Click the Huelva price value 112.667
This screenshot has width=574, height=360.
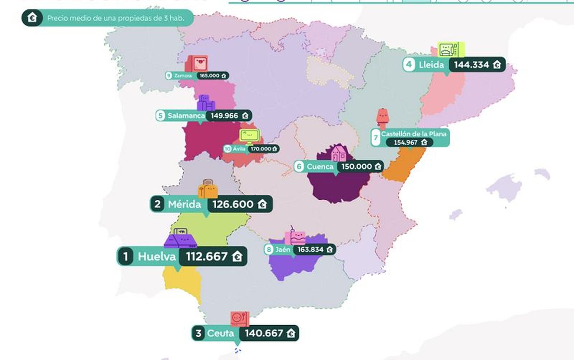207,257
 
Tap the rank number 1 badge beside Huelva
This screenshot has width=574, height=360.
125,257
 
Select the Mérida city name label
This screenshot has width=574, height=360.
184,204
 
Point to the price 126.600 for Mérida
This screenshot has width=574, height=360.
233,204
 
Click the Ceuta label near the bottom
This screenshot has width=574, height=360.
220,333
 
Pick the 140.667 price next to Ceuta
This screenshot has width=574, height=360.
264,333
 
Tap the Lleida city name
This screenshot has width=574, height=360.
431,65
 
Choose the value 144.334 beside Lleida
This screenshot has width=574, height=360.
471,65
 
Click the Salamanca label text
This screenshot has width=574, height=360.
186,116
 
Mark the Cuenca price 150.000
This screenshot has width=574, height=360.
356,167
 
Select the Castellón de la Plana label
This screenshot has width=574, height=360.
414,134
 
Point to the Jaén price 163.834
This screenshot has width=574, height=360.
310,250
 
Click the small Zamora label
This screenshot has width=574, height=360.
183,76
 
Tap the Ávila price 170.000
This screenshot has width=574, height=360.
261,149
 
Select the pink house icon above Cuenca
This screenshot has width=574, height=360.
338,153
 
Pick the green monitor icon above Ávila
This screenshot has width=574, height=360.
250,136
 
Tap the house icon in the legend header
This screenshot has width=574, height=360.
32,18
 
